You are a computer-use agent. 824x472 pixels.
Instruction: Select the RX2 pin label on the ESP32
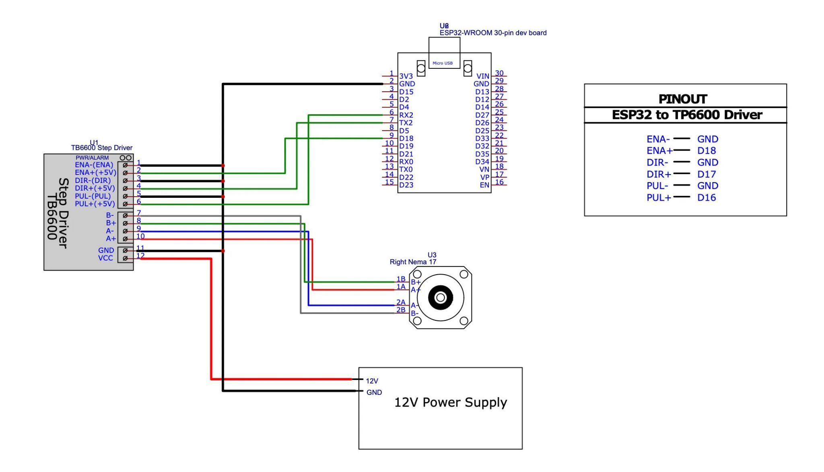click(x=406, y=115)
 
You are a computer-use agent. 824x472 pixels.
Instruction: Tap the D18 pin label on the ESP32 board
click(x=406, y=138)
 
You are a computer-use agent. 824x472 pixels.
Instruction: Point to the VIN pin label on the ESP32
click(x=482, y=76)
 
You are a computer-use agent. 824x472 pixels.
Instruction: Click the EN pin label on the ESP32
click(x=484, y=185)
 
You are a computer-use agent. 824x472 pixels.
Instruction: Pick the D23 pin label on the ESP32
click(x=406, y=185)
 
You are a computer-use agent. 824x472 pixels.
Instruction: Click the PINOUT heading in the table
click(x=683, y=99)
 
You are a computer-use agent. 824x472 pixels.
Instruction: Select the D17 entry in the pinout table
click(x=707, y=174)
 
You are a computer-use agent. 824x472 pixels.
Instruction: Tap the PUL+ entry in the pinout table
click(x=659, y=197)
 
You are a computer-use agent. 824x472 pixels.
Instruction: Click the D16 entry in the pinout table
click(x=707, y=197)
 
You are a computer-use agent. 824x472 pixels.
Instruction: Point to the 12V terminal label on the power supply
click(x=372, y=381)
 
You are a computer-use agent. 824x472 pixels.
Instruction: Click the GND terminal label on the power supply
click(x=374, y=392)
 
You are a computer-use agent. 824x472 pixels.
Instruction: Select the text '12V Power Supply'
click(x=451, y=402)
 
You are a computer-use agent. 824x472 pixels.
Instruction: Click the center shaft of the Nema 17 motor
click(x=441, y=298)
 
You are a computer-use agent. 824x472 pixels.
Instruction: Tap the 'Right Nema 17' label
click(x=413, y=262)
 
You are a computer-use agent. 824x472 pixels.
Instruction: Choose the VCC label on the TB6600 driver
click(x=105, y=258)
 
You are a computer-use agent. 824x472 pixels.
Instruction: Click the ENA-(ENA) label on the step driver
click(x=94, y=165)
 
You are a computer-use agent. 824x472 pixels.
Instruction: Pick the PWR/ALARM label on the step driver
click(x=92, y=158)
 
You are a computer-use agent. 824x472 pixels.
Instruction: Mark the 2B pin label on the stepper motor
click(x=401, y=310)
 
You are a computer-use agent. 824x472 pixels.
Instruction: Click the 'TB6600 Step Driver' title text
click(x=102, y=148)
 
